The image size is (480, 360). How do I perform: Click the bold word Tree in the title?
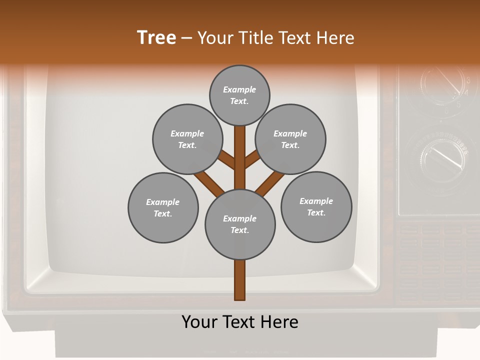pos(156,37)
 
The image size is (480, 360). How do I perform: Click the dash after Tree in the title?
pos(186,38)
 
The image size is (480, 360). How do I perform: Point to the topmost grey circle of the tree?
pos(239,95)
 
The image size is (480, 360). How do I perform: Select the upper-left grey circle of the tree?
pos(187,139)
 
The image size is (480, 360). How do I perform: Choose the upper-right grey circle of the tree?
pos(290,139)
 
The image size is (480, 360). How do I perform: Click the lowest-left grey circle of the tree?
pos(163,207)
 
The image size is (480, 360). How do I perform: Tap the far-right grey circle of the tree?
pos(316,206)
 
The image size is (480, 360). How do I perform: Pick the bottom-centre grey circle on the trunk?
pos(240,224)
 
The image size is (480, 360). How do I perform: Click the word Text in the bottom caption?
pos(239,322)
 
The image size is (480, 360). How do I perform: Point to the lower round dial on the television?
pos(440,157)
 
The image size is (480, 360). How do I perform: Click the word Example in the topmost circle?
pos(239,89)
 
